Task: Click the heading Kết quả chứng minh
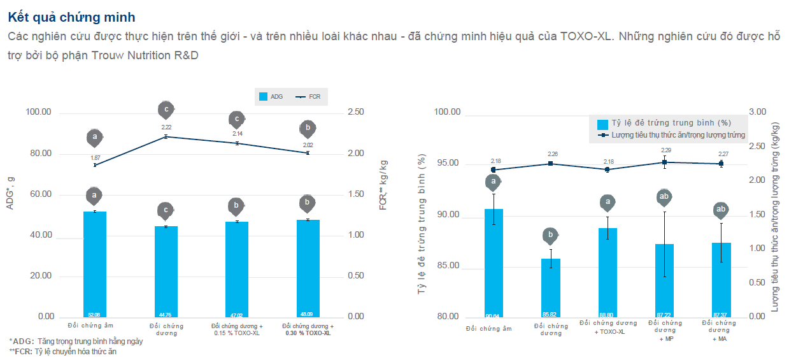(x=72, y=17)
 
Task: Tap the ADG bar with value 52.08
(x=95, y=264)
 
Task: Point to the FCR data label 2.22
(x=166, y=127)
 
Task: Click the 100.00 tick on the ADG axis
(x=38, y=113)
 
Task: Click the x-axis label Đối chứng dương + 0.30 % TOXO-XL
(x=308, y=329)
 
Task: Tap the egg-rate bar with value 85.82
(x=551, y=287)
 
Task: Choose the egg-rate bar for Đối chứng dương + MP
(x=664, y=280)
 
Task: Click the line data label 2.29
(x=665, y=150)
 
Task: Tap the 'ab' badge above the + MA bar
(x=720, y=210)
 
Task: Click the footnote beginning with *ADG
(x=76, y=342)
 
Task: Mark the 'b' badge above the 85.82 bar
(x=551, y=236)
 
